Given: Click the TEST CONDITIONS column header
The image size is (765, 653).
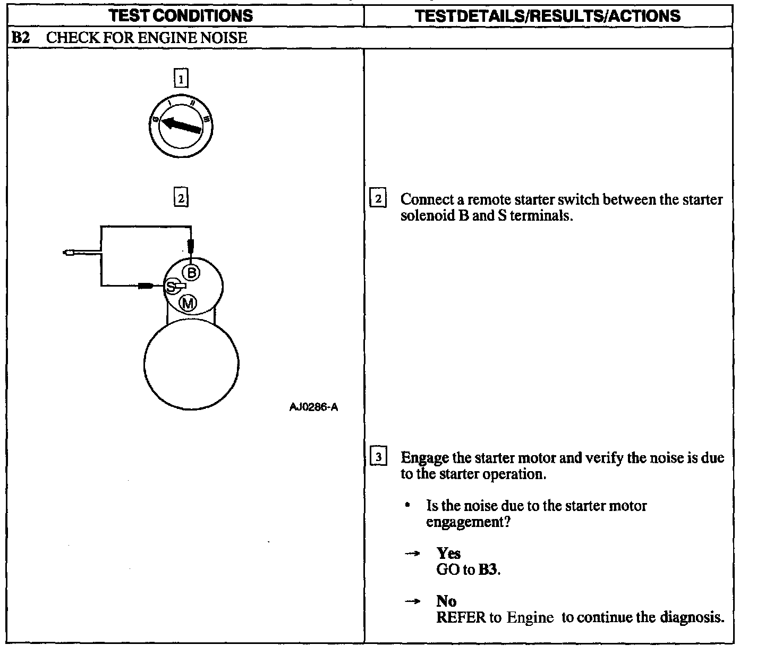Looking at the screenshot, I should click(181, 15).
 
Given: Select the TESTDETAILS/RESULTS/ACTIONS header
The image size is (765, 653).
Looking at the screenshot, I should click(548, 15).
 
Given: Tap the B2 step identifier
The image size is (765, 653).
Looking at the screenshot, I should click(20, 38).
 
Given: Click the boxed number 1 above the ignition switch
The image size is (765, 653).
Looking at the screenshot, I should click(181, 79).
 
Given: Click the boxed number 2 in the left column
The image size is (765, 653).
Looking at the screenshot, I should click(181, 199).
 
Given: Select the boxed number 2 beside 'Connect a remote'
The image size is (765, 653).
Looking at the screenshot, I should click(378, 199).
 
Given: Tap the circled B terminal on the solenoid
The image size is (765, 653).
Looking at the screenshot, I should click(191, 273).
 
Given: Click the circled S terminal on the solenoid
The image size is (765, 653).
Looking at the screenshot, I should click(171, 287).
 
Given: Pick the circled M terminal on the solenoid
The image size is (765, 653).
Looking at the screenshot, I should click(188, 304).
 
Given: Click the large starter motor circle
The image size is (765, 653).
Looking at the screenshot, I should click(191, 364).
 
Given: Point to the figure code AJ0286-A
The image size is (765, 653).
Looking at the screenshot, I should click(313, 408).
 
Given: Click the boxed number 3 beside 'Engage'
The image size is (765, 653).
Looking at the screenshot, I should click(378, 457).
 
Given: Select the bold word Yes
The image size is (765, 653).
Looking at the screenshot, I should click(448, 554).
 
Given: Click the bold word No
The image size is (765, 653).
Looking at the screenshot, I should click(446, 601).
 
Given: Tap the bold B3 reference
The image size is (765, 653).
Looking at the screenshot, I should click(488, 570).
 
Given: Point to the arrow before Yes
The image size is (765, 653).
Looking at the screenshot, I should click(412, 554).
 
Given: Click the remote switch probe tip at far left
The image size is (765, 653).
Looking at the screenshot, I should click(68, 253).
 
